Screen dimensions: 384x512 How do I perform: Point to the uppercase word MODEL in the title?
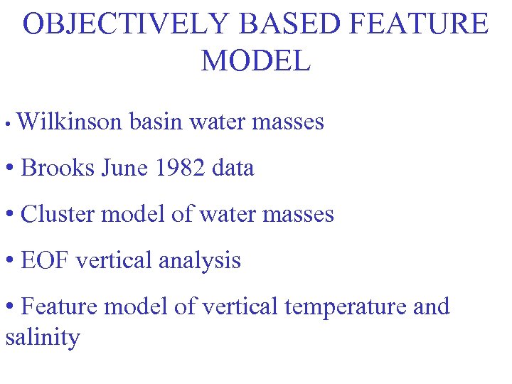[x=256, y=61]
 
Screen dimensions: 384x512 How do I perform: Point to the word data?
[x=233, y=169]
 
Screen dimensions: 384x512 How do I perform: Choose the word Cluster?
[x=59, y=215]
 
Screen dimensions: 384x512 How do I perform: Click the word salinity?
[x=42, y=337]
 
